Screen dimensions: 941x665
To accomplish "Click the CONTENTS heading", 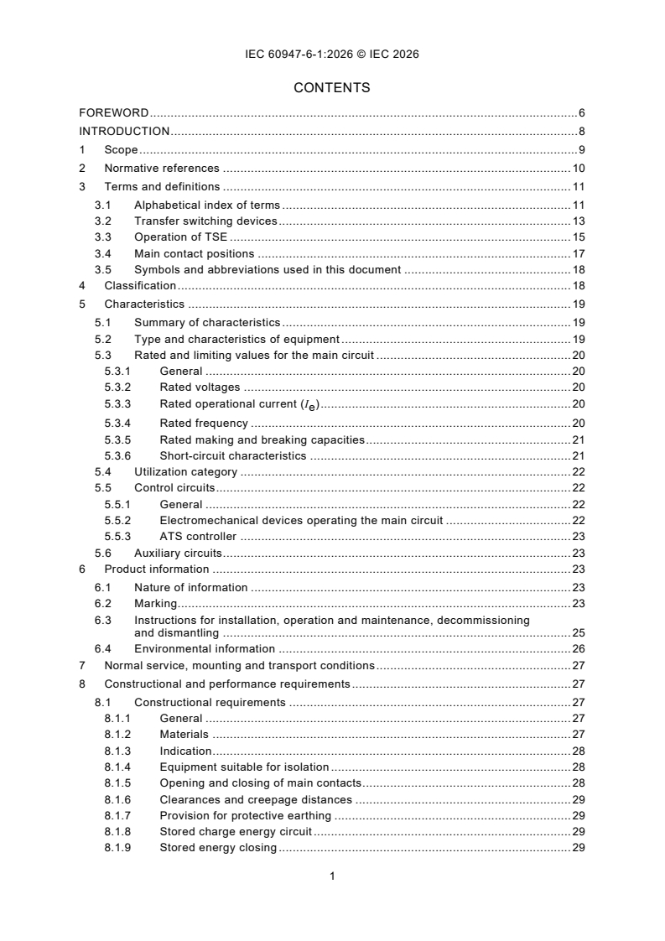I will click(332, 87).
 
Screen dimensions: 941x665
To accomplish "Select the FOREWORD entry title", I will click(114, 112).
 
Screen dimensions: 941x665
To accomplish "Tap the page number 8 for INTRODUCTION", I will click(581, 131).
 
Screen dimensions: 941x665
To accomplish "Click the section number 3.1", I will click(102, 205).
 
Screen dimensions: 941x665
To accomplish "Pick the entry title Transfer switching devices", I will click(205, 221).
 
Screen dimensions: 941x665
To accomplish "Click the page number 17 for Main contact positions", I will click(578, 253).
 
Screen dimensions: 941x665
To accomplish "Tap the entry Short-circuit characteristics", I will click(233, 455).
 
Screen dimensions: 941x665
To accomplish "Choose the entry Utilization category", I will click(185, 472).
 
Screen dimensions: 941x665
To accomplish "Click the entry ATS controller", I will click(198, 536).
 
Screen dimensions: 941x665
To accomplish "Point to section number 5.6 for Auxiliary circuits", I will click(102, 553).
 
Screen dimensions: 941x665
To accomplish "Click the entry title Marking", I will click(155, 603).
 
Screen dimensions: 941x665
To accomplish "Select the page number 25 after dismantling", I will click(578, 632).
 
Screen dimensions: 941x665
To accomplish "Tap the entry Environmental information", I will click(205, 648).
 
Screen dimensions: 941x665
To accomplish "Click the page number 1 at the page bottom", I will click(332, 876).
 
